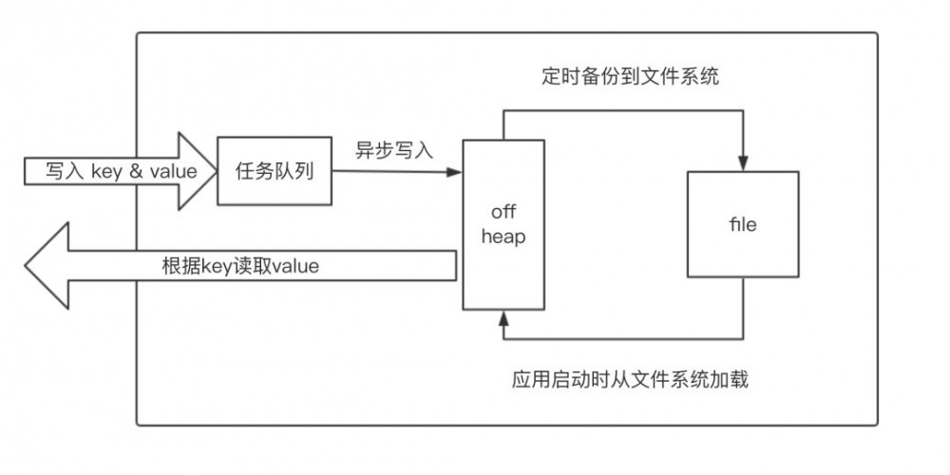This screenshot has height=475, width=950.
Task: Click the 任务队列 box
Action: tap(275, 171)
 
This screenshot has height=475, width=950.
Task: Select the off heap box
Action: tap(503, 224)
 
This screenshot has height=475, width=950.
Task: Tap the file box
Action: tap(743, 224)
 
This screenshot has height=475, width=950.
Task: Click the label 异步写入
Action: tap(393, 149)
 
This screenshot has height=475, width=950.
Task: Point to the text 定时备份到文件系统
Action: tap(625, 77)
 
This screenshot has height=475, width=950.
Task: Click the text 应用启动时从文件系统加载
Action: tap(630, 380)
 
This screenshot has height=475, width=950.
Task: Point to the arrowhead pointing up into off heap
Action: tap(503, 316)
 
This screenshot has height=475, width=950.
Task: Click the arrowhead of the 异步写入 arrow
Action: tap(455, 172)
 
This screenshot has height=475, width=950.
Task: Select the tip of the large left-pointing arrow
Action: tap(28, 265)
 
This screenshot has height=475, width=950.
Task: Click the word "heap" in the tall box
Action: tap(503, 237)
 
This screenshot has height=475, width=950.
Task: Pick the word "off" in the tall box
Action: tap(503, 211)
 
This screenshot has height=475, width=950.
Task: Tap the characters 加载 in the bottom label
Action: tap(731, 380)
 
